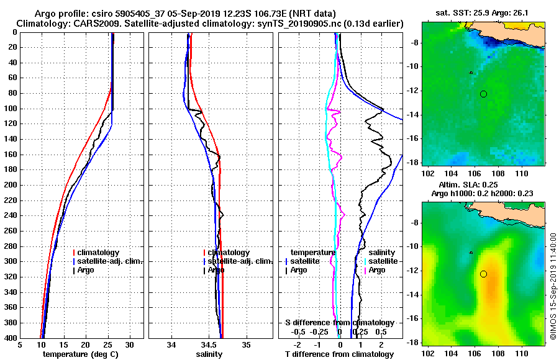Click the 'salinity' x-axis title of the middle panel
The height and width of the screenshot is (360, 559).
point(210,354)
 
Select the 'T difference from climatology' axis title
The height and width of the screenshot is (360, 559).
point(339,354)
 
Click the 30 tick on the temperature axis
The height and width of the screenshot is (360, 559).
point(130,344)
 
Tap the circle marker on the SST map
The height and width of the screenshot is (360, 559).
point(483,94)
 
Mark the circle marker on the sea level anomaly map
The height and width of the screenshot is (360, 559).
point(483,274)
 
